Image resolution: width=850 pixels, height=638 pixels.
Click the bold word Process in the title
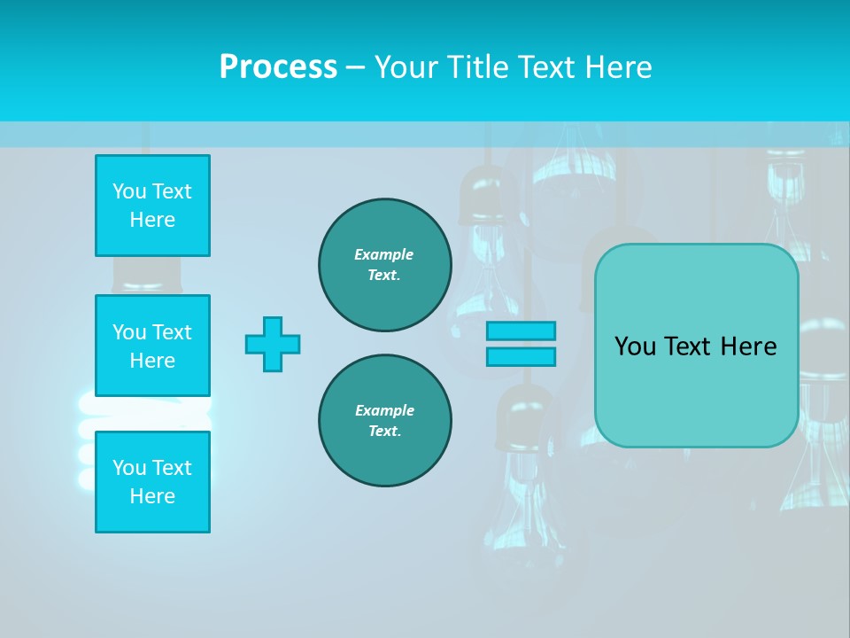coord(278,67)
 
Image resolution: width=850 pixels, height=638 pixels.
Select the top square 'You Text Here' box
coord(152,206)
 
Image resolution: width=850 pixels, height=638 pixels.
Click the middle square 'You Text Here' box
coord(152,346)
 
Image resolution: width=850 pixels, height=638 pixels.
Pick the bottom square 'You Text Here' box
coord(152,481)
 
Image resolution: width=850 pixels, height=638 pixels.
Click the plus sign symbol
coord(273,344)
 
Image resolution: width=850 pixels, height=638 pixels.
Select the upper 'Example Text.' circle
coord(384,265)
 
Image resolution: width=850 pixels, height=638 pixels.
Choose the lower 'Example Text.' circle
coord(384,421)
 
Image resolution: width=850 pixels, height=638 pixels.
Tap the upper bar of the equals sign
coord(521,331)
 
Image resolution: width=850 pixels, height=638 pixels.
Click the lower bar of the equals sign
coord(521,356)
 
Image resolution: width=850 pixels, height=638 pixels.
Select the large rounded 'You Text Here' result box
coord(696,346)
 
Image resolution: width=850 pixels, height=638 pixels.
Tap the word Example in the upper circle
coord(383,254)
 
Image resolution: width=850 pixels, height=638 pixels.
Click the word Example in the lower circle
coord(384,410)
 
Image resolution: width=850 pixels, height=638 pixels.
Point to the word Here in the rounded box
coord(745,346)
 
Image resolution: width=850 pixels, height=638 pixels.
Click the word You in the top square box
coord(129,191)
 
